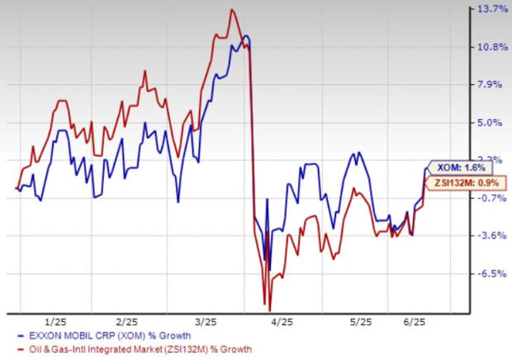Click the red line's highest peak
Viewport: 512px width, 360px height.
[232, 10]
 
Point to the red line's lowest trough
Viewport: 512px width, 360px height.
[269, 309]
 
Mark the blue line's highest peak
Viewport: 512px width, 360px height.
[246, 37]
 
